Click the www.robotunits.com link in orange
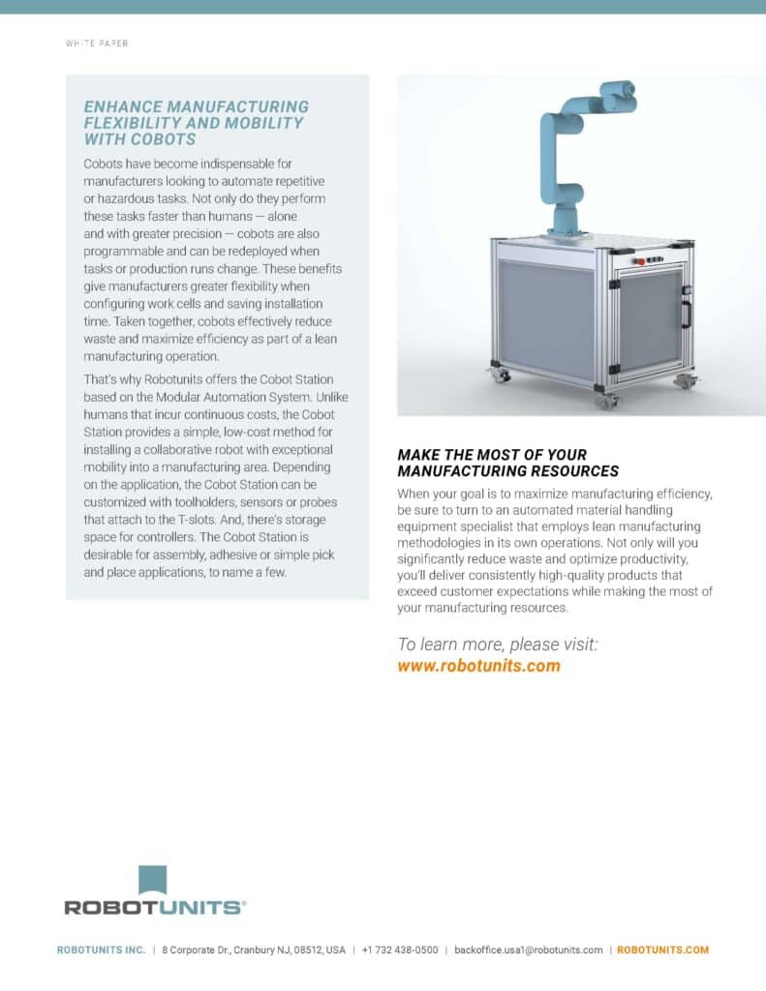(478, 666)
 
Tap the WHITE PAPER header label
(97, 44)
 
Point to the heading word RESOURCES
(574, 471)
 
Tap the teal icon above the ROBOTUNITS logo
(153, 879)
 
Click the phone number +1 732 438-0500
(399, 950)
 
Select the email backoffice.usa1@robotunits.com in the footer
(528, 950)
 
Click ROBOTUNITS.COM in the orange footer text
(662, 950)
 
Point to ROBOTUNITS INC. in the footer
(101, 950)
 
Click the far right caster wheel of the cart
(686, 380)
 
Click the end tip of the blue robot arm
(630, 90)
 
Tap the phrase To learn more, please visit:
(498, 644)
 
